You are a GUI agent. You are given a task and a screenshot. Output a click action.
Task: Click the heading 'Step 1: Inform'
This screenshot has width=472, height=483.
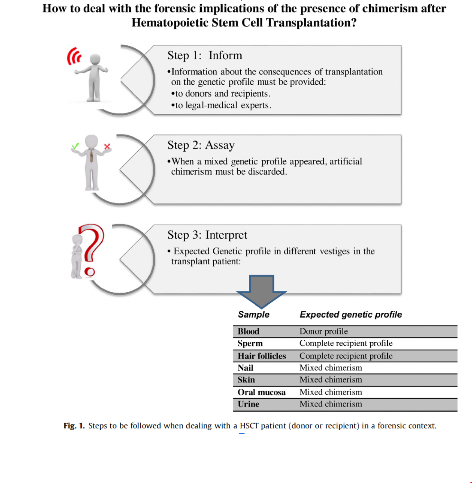point(204,55)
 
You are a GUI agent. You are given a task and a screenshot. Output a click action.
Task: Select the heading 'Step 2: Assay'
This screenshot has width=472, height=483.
point(201,145)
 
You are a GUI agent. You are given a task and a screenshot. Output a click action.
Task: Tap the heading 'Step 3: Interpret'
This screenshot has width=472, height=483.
point(207,235)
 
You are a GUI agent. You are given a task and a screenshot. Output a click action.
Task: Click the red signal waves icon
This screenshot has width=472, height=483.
point(74,56)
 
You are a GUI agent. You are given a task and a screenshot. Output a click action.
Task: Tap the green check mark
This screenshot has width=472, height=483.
point(75,146)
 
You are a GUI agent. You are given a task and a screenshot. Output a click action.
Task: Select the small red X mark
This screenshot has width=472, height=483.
point(107,147)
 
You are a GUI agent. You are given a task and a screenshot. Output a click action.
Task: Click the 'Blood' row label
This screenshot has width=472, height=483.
point(248,331)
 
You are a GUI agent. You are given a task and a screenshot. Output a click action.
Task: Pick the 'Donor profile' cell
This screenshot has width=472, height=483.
point(323,331)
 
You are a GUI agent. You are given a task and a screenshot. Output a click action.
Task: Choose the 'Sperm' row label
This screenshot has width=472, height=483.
point(250,343)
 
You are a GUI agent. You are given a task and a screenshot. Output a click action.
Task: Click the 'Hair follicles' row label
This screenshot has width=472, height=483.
point(262,356)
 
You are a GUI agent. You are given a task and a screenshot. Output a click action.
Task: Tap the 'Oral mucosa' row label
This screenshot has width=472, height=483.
point(261,392)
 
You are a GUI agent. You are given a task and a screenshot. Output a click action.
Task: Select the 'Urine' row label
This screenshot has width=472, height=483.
point(248,404)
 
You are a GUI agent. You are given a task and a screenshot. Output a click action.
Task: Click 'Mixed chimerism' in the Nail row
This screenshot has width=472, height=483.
point(330,368)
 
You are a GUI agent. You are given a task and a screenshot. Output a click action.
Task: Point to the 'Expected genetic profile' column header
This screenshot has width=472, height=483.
point(351,315)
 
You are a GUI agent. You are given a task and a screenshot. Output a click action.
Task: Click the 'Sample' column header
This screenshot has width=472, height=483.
point(254,315)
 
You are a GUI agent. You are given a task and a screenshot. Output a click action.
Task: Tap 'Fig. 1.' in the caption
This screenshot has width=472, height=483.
point(74,426)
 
